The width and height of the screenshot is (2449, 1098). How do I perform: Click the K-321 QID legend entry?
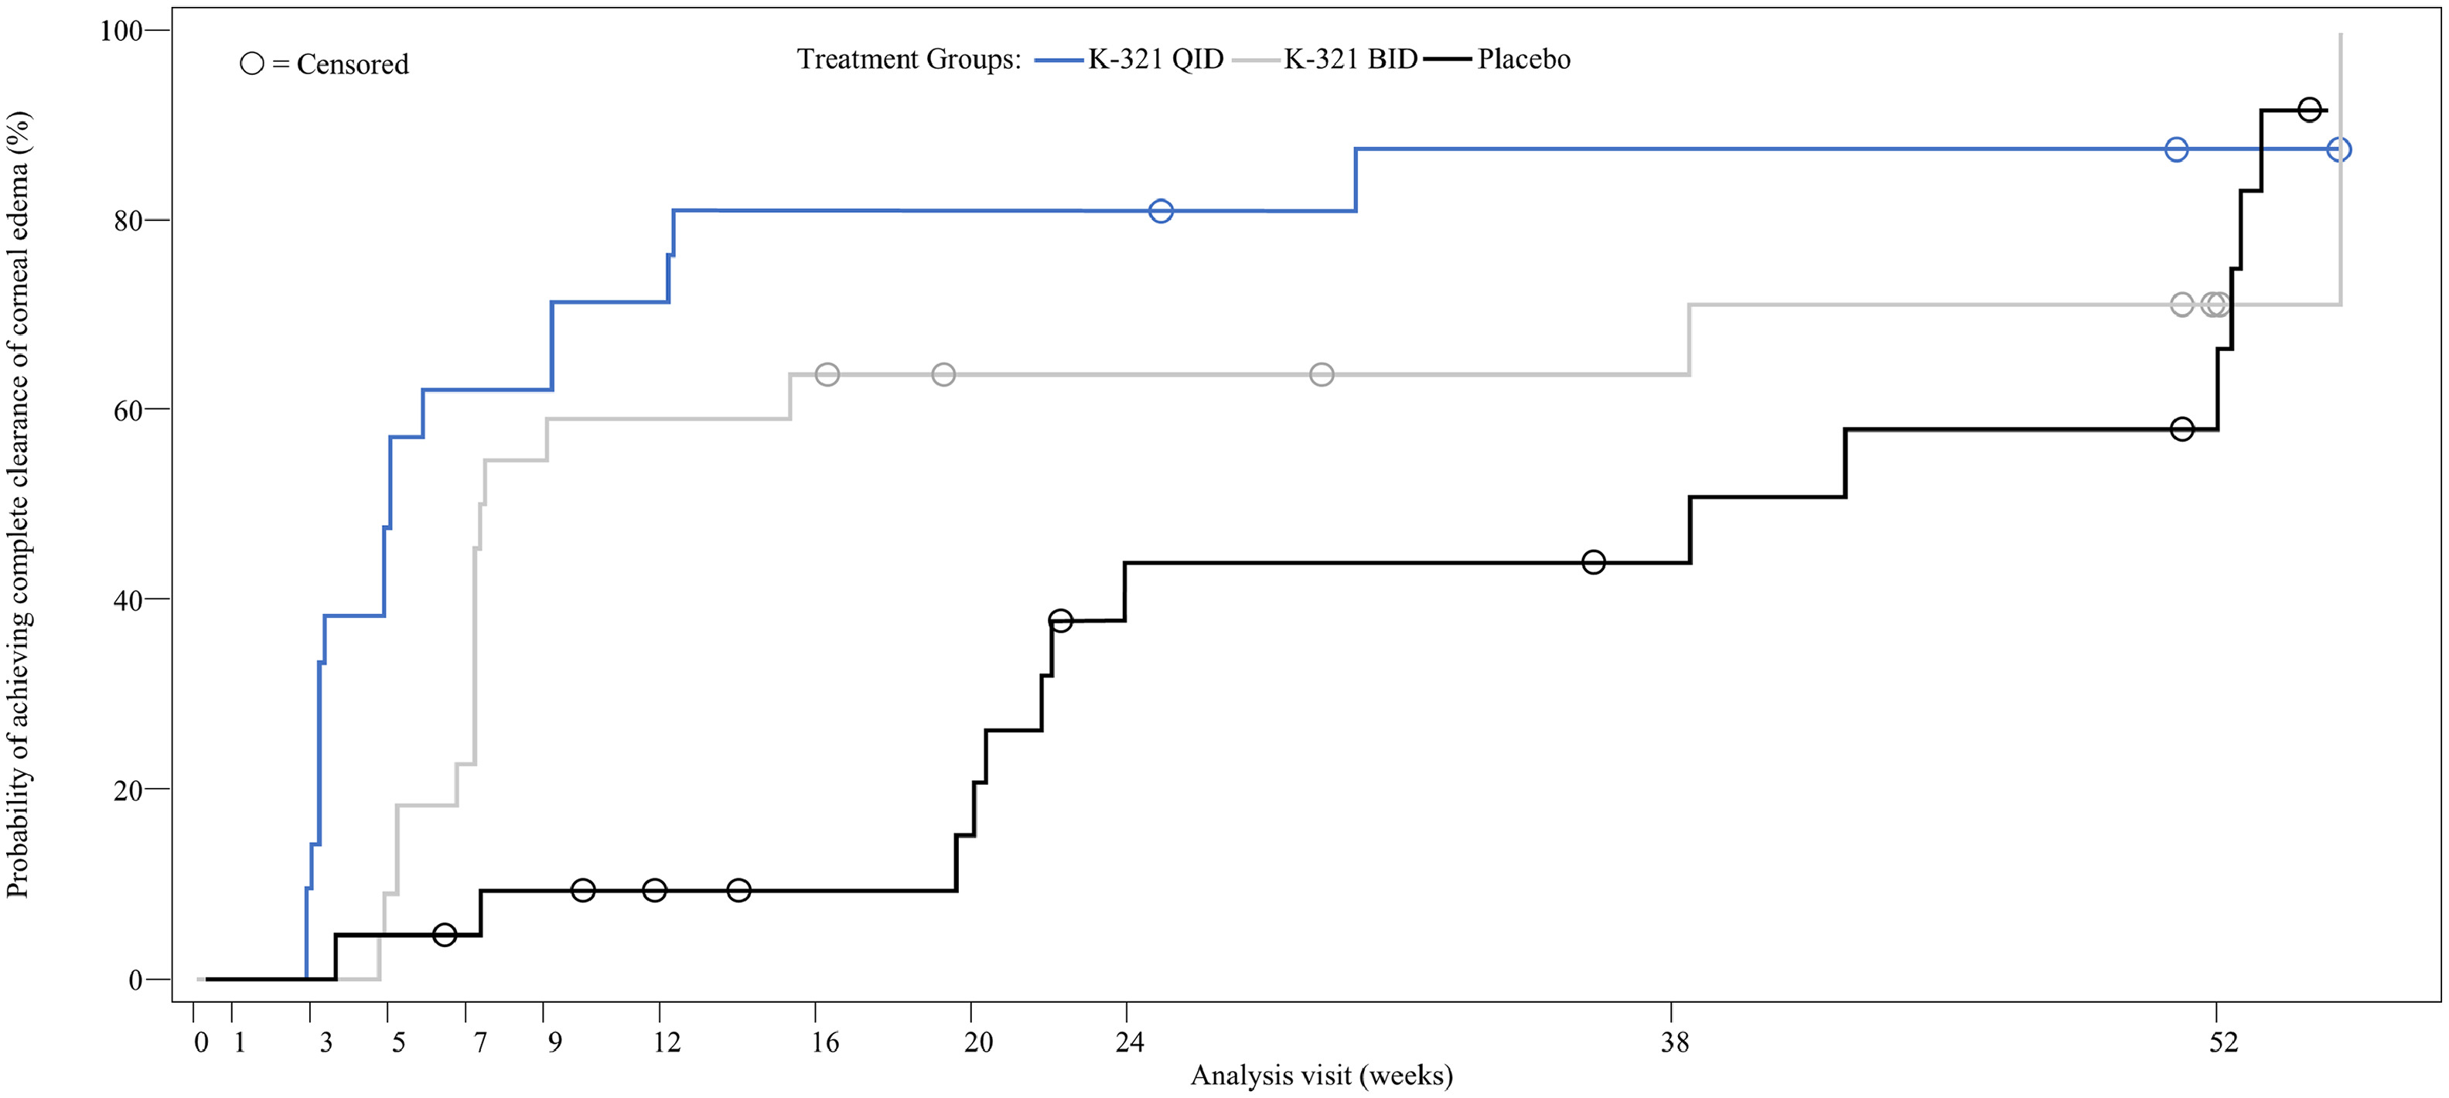pos(1130,59)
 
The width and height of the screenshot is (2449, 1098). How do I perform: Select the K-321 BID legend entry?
pos(1325,59)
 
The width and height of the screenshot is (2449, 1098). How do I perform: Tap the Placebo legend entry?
pos(1497,59)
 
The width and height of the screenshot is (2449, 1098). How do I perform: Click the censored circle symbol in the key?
pos(252,63)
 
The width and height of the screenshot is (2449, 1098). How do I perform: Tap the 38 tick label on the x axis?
pos(1675,1043)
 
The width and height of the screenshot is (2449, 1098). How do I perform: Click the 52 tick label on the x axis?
pos(2224,1043)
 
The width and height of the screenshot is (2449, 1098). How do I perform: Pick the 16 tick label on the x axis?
pos(825,1043)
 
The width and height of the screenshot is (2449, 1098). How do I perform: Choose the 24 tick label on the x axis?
pos(1130,1043)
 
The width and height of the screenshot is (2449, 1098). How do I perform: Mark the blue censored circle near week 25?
pos(1161,211)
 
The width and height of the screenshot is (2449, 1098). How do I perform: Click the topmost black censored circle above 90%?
pos(2309,109)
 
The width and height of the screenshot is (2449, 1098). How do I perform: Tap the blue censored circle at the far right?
pos(2338,149)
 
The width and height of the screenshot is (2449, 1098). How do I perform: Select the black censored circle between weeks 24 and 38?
pos(1594,563)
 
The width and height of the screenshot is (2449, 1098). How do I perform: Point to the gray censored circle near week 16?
pos(827,374)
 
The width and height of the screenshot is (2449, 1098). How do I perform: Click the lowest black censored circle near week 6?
pos(444,935)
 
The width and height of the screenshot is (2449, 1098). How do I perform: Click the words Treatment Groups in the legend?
pos(909,59)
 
